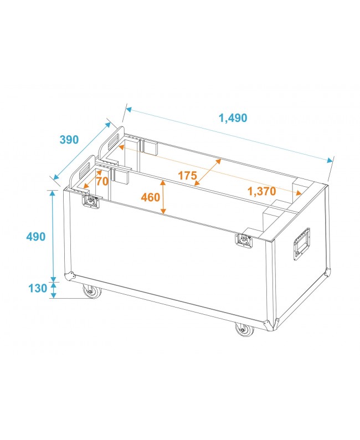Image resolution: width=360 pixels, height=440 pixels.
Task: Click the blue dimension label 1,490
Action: tap(233, 117)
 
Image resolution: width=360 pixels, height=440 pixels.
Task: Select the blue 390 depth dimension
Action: tap(69, 140)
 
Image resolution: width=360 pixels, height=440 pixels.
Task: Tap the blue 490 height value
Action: tap(35, 236)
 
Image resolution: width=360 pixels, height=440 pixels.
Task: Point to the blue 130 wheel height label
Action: tap(35, 288)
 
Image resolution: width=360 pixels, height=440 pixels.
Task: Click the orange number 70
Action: tap(101, 181)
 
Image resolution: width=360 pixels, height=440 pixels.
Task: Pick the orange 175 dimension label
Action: tap(187, 176)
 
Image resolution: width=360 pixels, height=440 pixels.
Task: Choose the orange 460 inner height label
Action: tap(151, 197)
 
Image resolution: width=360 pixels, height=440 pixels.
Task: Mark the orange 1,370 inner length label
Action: tap(261, 191)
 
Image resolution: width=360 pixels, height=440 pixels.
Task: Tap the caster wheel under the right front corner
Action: tap(244, 330)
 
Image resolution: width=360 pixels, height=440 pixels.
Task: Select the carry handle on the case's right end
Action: tap(301, 243)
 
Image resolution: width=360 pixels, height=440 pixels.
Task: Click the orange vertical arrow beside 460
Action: tap(163, 197)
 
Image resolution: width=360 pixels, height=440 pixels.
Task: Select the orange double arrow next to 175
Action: tap(207, 172)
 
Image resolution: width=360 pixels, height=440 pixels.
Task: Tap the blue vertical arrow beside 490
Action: tap(54, 236)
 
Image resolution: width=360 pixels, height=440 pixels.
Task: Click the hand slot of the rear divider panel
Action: tap(117, 139)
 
